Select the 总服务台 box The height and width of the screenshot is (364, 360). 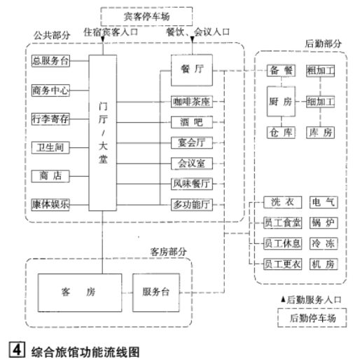[51, 61]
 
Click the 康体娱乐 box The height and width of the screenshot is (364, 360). [51, 204]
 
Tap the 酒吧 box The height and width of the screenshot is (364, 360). [191, 122]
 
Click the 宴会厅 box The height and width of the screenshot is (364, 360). [191, 143]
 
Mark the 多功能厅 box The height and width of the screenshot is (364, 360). [191, 204]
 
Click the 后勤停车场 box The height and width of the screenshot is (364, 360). [312, 318]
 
